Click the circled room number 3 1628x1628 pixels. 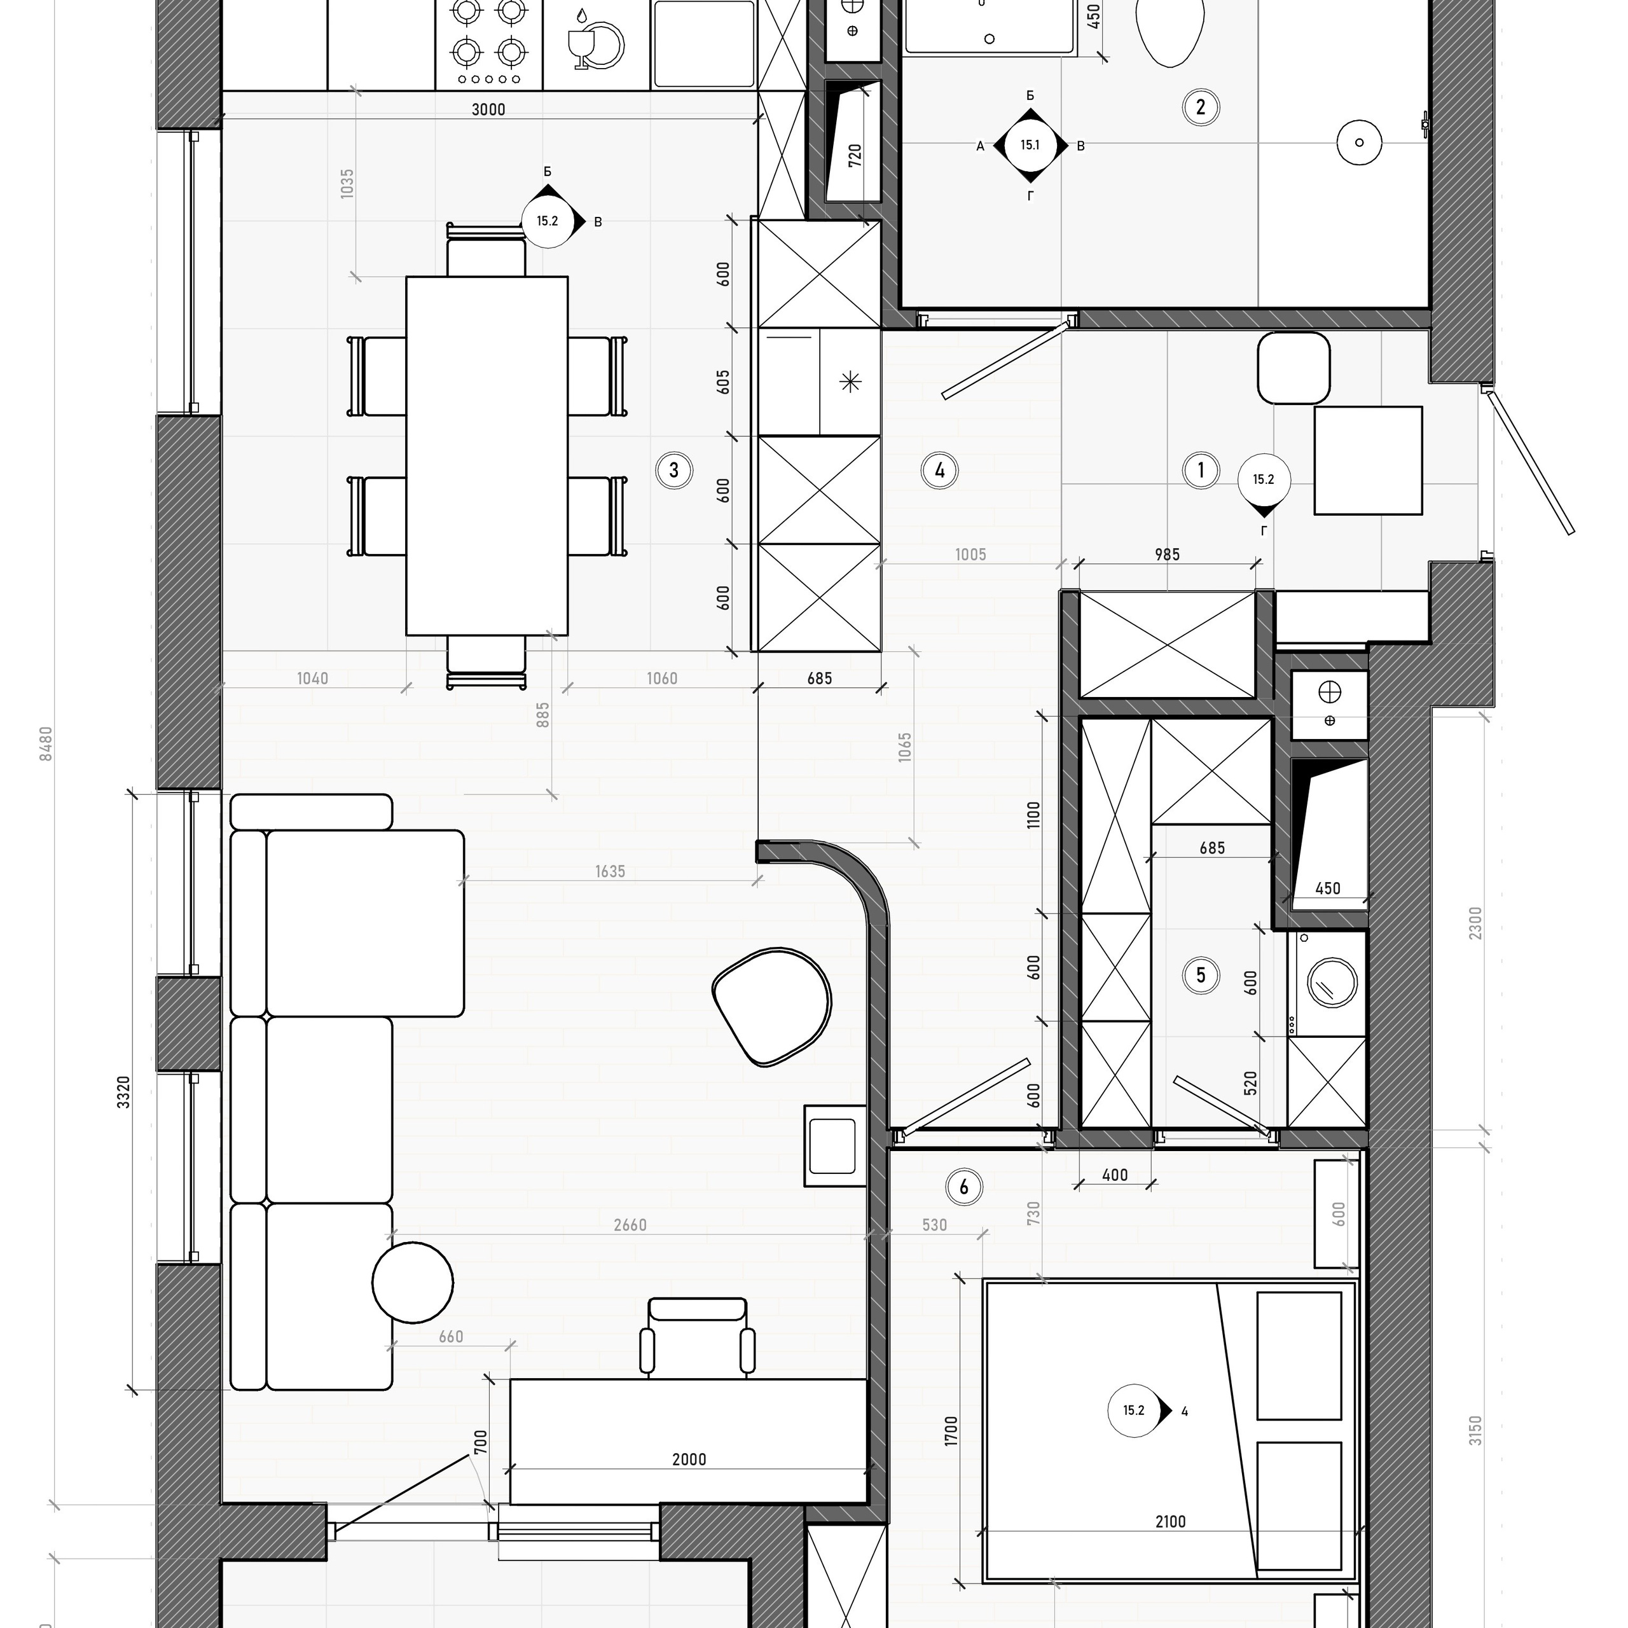point(674,470)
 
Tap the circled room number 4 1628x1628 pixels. point(939,470)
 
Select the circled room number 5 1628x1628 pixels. point(1201,975)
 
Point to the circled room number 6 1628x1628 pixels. point(964,1187)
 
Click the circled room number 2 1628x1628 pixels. point(1201,107)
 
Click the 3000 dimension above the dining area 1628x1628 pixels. point(489,109)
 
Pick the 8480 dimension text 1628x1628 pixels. point(46,744)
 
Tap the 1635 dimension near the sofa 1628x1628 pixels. point(610,871)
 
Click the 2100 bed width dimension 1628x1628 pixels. point(1170,1545)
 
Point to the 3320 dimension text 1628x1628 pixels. point(124,1091)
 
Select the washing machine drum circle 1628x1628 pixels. point(1332,983)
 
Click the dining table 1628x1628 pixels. point(487,456)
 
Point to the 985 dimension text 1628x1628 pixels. point(1167,555)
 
